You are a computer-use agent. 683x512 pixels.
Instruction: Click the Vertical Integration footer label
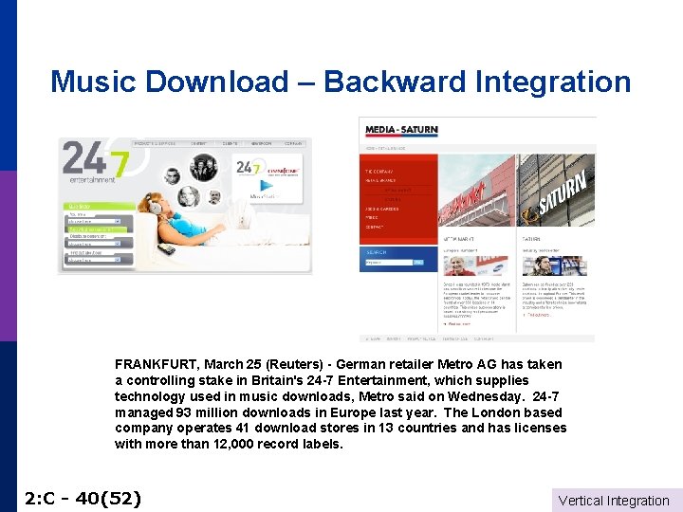coord(614,501)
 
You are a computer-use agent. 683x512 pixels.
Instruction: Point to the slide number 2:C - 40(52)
coord(83,498)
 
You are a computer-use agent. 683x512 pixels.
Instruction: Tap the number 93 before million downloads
coord(184,412)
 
